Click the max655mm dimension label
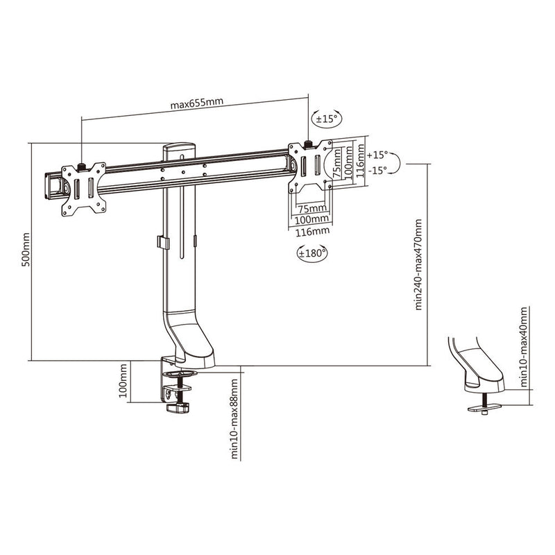coord(196,104)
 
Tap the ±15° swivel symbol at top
coord(326,119)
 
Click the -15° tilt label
coord(378,171)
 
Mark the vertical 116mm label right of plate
coord(359,161)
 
